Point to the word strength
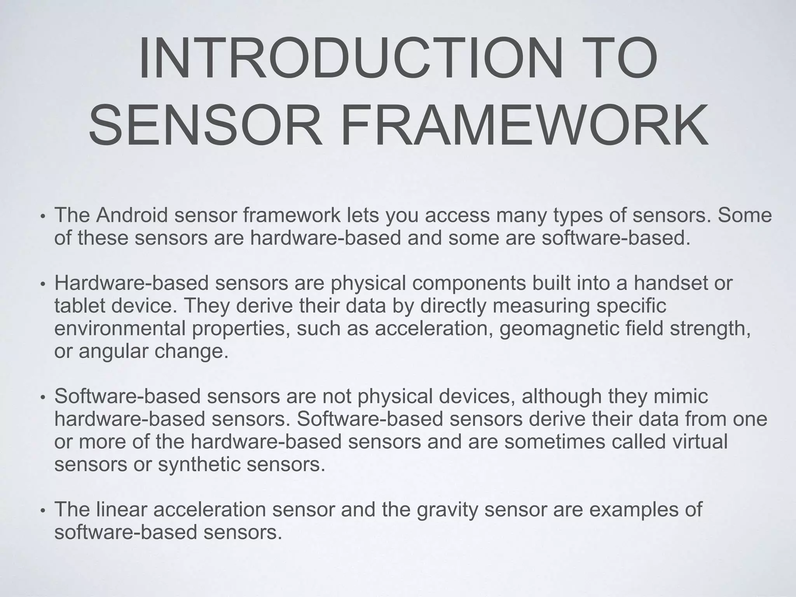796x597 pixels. (x=710, y=328)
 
